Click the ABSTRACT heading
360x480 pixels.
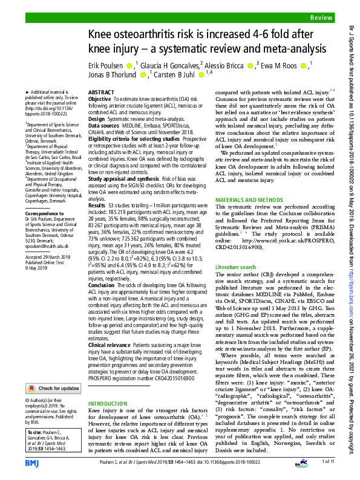click(101, 92)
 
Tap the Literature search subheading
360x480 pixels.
click(236, 266)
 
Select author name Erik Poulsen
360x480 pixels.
click(108, 65)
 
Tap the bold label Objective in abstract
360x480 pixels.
click(100, 99)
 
